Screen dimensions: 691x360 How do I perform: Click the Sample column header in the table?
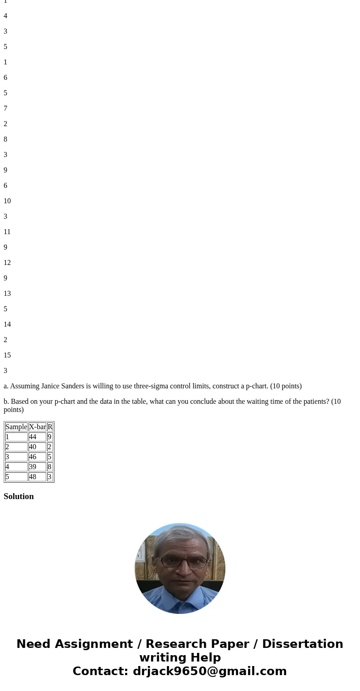(x=16, y=427)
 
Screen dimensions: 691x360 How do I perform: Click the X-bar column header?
(x=37, y=427)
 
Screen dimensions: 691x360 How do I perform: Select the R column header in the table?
(x=50, y=427)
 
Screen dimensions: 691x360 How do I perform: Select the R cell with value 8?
(x=50, y=467)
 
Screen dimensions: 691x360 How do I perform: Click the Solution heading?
(x=19, y=496)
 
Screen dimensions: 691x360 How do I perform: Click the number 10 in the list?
(x=7, y=201)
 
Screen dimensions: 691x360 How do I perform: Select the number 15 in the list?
(x=7, y=355)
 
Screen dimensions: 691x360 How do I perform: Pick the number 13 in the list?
(x=7, y=294)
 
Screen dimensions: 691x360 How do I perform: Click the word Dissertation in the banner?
(x=302, y=644)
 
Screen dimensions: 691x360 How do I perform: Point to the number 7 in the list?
(x=5, y=108)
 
